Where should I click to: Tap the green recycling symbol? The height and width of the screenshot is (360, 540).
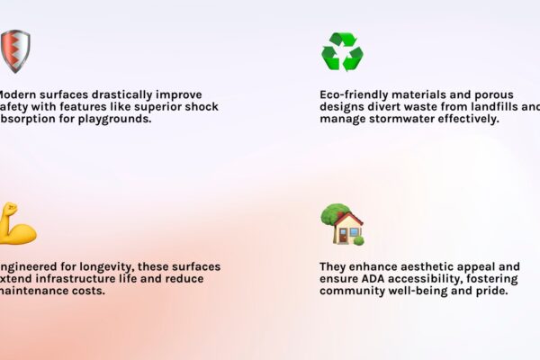click(x=342, y=52)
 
